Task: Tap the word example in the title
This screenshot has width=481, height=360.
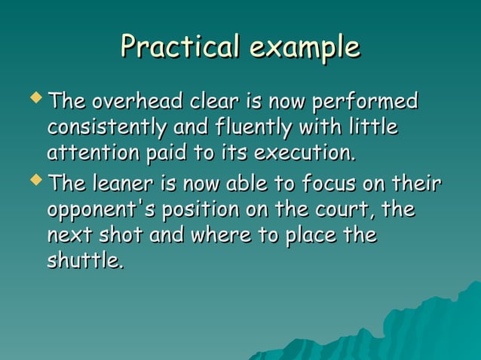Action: coord(305,49)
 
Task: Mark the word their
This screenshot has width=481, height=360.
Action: coord(417,184)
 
